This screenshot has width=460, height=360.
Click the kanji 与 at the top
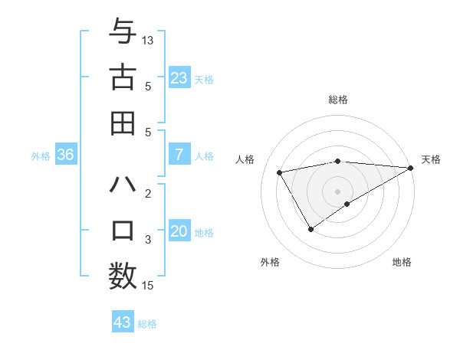[123, 32]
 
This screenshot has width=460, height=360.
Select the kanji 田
[123, 123]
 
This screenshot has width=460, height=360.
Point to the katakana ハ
[123, 185]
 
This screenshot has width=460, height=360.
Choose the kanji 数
[123, 275]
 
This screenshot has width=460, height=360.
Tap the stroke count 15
[148, 286]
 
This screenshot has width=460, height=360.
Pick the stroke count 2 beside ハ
[148, 193]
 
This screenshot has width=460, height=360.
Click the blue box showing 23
[179, 77]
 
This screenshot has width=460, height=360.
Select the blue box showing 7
[179, 155]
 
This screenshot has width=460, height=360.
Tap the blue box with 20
[179, 232]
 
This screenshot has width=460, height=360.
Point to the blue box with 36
[65, 155]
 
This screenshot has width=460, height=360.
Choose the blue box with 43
[123, 322]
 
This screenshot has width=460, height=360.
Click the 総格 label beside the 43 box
[147, 324]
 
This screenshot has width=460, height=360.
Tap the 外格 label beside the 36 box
[41, 156]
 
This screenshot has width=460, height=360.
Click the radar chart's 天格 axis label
[431, 159]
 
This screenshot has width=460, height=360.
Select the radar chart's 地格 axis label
[402, 262]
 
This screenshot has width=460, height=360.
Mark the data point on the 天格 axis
[410, 168]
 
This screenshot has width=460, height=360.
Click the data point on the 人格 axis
[280, 172]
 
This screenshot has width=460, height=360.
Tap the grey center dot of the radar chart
[337, 191]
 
